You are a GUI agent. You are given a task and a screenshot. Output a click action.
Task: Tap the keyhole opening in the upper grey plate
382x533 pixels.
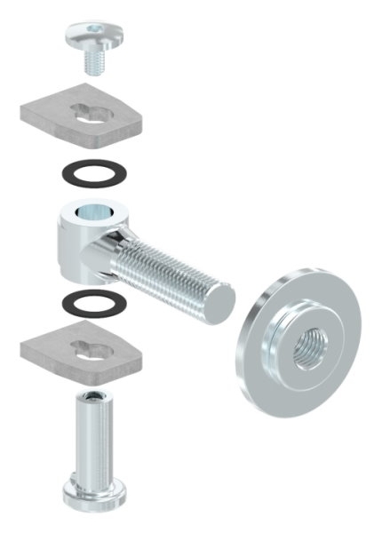tap(88, 112)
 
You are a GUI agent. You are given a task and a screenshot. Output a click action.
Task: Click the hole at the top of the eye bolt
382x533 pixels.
tap(92, 214)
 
